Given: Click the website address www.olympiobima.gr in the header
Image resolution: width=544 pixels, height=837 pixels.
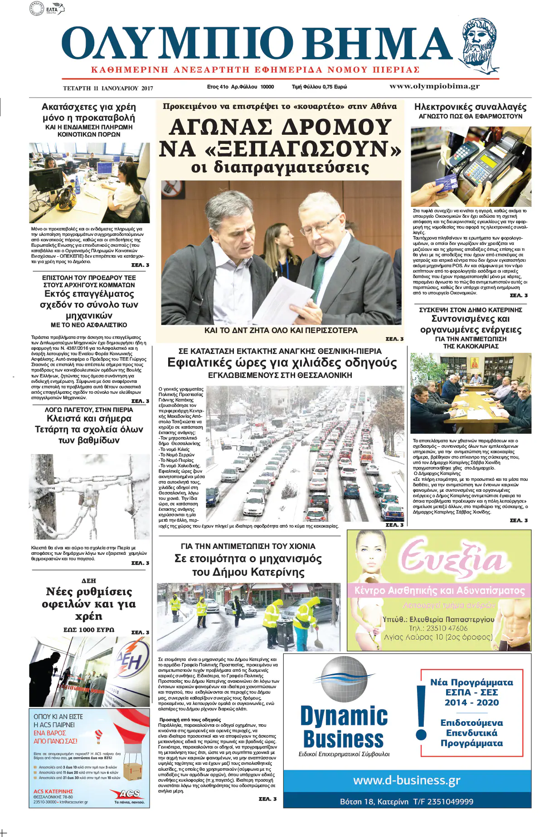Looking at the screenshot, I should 434,86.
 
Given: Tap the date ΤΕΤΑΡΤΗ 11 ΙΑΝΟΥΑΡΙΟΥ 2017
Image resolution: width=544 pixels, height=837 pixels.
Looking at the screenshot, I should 108,88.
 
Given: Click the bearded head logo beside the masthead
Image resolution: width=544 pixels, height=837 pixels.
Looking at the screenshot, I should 479,45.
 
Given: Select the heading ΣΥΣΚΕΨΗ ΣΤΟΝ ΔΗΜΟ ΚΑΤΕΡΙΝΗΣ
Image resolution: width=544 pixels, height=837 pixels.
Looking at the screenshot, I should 471,310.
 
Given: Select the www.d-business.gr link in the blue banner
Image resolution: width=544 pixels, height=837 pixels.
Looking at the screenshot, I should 407,780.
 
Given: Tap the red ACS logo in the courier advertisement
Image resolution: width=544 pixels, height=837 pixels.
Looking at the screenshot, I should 129,793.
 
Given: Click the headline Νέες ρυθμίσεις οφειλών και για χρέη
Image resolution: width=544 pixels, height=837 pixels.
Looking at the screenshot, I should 89,604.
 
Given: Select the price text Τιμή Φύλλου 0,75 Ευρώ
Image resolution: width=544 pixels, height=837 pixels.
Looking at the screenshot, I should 319,87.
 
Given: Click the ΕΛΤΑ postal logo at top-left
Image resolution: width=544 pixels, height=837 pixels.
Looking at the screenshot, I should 47,8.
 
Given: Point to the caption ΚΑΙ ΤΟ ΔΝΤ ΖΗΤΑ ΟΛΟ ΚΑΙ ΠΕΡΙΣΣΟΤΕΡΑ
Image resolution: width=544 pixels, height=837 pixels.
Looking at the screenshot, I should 281,330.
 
